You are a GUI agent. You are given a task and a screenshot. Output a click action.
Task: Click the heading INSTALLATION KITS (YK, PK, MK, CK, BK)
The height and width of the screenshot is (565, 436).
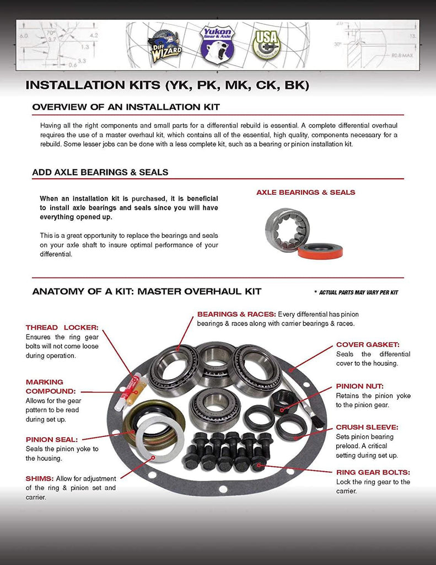[x=168, y=86]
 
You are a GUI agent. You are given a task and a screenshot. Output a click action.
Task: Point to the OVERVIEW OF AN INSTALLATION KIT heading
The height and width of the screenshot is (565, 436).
[x=126, y=106]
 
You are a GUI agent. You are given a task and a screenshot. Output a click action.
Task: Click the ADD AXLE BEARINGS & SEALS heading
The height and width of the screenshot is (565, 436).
[x=100, y=172]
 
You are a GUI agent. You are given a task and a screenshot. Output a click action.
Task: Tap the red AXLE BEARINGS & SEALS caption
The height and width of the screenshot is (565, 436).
[x=305, y=193]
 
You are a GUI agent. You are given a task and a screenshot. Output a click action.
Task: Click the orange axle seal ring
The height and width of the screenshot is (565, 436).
[x=320, y=251]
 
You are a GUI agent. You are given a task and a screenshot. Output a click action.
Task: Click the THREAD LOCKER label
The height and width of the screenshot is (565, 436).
[x=62, y=327]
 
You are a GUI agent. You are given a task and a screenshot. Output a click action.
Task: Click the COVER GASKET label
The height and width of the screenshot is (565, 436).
[x=367, y=344]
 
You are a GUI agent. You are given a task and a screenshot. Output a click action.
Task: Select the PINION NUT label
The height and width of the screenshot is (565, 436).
[x=359, y=386]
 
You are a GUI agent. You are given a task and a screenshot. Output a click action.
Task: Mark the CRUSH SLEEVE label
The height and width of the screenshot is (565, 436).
[x=367, y=427]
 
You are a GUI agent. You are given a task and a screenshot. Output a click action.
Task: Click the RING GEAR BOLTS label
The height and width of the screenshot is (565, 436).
[x=373, y=472]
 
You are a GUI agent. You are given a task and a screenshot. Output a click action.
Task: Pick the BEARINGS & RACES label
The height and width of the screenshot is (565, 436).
[x=236, y=314]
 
